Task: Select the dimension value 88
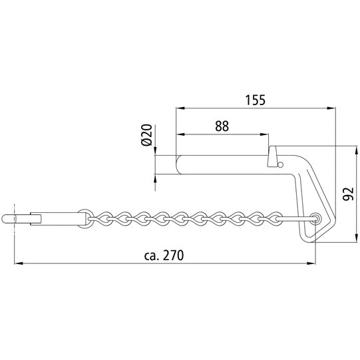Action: (x=222, y=126)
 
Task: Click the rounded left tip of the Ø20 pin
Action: (x=178, y=164)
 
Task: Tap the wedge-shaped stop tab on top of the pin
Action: (x=271, y=157)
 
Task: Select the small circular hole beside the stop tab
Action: (x=281, y=163)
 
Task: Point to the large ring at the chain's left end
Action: (x=85, y=218)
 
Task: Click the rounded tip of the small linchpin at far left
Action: (x=7, y=218)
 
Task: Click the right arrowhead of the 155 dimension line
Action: (x=331, y=107)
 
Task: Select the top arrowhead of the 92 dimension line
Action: (x=355, y=147)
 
